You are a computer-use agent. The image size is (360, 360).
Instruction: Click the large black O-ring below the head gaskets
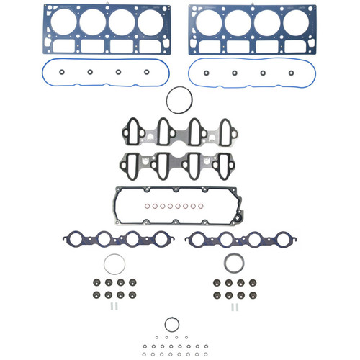[x=178, y=100]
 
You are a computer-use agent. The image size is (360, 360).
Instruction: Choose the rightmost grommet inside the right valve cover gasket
[x=291, y=72]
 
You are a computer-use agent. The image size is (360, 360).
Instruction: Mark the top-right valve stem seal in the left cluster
[x=134, y=283]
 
